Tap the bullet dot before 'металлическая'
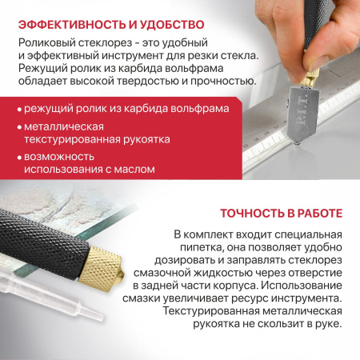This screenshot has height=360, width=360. (18, 130)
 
